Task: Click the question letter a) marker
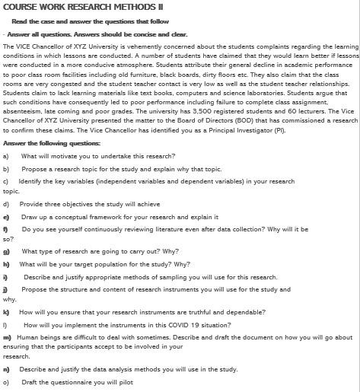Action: (x=6, y=155)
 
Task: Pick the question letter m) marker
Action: (x=7, y=336)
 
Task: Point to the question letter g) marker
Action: (x=6, y=250)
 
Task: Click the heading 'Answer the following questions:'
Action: (x=52, y=142)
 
